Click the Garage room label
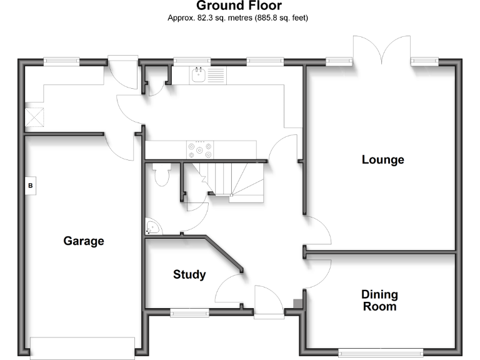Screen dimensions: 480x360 click(84, 241)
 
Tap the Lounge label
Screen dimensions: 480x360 click(383, 159)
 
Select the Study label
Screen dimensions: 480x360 click(189, 274)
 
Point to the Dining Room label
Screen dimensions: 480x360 click(379, 300)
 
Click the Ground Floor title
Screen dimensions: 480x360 click(239, 6)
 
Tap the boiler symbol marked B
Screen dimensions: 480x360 click(30, 186)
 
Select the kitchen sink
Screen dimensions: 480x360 click(198, 75)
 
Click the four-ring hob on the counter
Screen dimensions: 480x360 click(200, 150)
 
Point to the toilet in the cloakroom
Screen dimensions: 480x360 click(162, 174)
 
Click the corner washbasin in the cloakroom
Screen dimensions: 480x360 click(152, 227)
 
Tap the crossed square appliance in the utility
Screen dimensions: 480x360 click(34, 117)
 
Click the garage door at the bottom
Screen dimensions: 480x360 click(82, 348)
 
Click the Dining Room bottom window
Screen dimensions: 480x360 click(381, 352)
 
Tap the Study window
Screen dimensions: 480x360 click(189, 312)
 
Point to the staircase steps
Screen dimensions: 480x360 click(228, 182)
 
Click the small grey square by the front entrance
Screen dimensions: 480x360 click(298, 304)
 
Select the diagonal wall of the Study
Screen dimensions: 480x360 click(224, 254)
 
